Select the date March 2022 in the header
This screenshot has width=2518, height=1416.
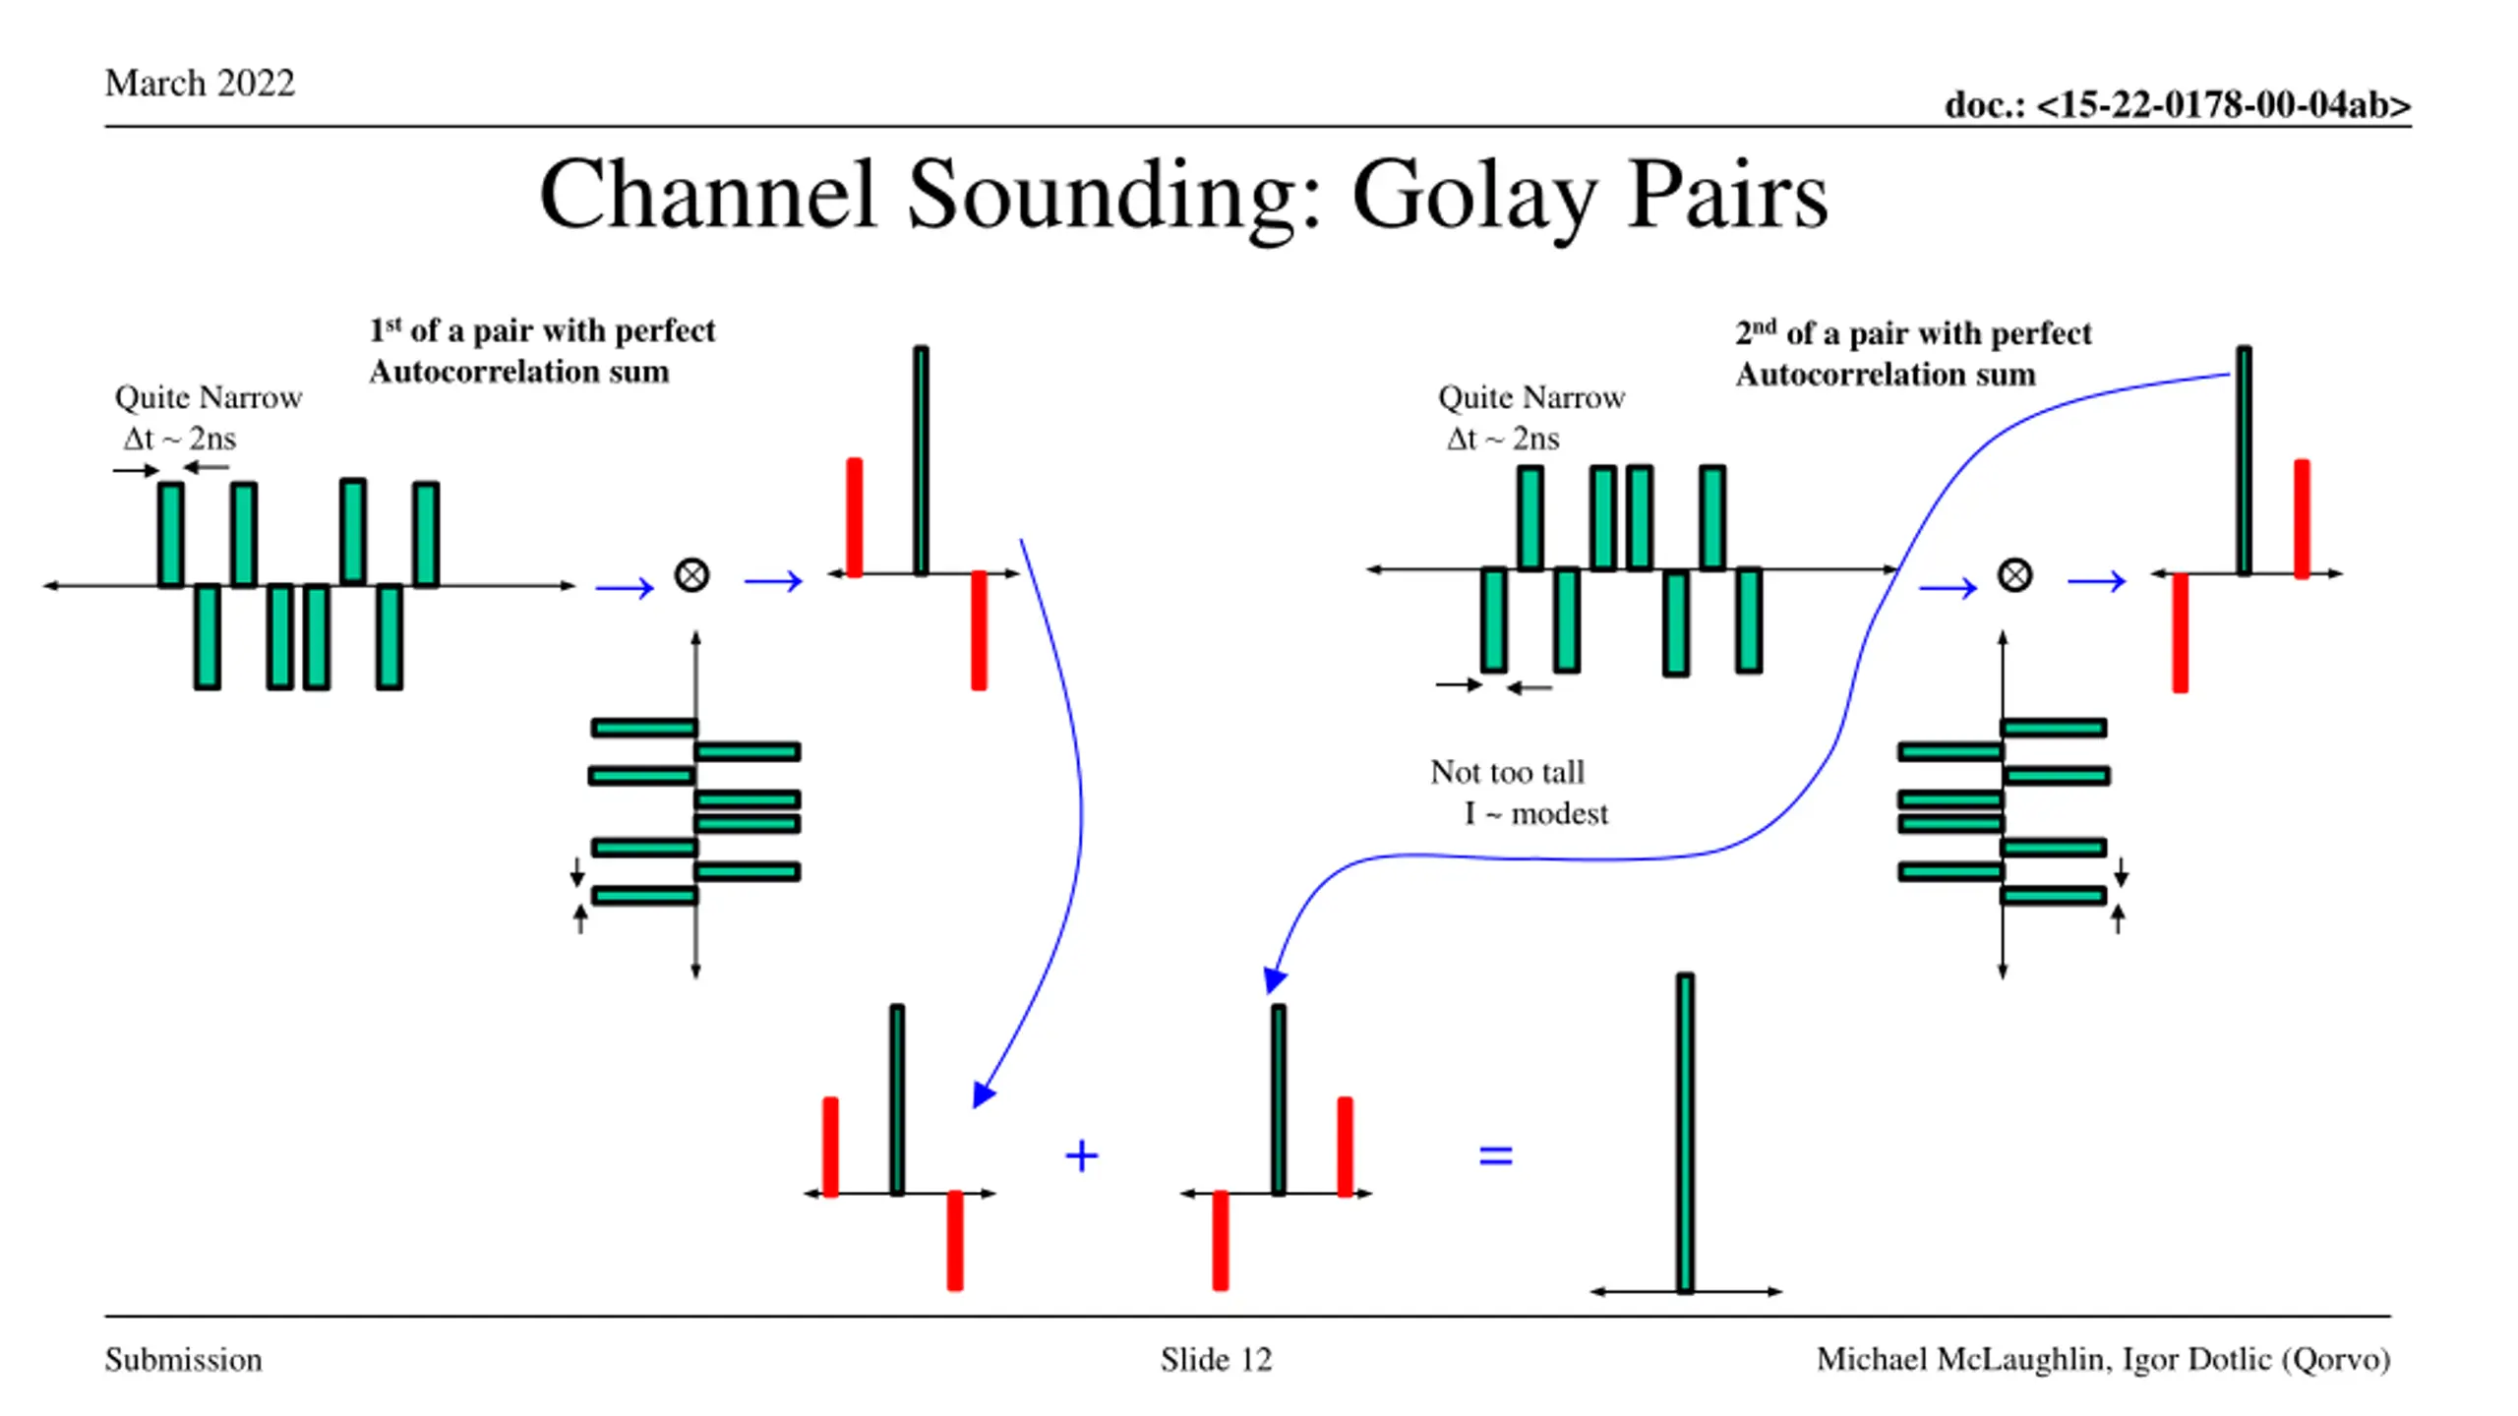[x=200, y=83]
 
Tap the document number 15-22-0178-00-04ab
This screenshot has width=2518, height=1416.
[x=2223, y=104]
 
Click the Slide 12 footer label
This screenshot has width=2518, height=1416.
[x=1216, y=1359]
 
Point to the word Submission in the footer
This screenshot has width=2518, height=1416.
[x=184, y=1359]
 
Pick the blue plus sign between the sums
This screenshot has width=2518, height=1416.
[x=1081, y=1155]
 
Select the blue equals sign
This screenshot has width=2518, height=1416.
[x=1496, y=1155]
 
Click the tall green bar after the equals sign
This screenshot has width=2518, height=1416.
[x=1685, y=1132]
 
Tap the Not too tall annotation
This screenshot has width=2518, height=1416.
[x=1508, y=772]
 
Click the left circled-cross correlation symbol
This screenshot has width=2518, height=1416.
[x=691, y=575]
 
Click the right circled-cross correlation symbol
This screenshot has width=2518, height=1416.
[x=2014, y=575]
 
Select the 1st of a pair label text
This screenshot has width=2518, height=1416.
[x=542, y=351]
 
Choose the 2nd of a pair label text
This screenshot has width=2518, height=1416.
[x=1913, y=354]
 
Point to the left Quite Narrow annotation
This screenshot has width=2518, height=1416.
[x=209, y=397]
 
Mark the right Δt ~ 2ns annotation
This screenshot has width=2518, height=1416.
[x=1503, y=439]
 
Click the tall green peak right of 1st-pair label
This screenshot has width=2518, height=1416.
[x=921, y=460]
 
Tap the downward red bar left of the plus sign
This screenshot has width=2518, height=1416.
[x=954, y=1240]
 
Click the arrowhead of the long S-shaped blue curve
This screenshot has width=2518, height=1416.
[x=1274, y=979]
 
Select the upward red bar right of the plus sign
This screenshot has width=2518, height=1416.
[x=1345, y=1147]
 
